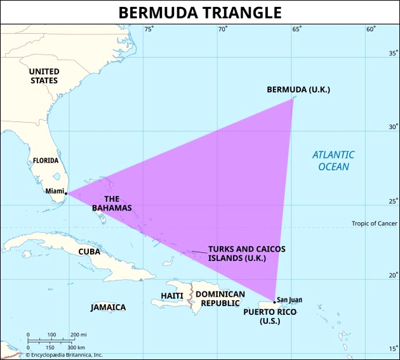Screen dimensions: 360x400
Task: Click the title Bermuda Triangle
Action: coord(200,12)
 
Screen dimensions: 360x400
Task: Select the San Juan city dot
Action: coord(274,302)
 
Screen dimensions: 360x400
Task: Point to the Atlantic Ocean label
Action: coord(333,161)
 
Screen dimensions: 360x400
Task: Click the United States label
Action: coord(44,76)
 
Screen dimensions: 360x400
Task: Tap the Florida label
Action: coord(46,161)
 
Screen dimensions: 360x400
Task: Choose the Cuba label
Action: coord(90,251)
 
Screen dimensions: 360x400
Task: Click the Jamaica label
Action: coord(108,307)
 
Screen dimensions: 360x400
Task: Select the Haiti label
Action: coord(172,295)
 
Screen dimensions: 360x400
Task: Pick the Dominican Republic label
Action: coord(220,298)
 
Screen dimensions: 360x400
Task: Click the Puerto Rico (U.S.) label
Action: coord(270,316)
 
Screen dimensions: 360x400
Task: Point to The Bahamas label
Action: coord(112,203)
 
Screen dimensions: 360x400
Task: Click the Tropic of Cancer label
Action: coord(375,223)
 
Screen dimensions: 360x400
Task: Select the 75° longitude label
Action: coord(149,29)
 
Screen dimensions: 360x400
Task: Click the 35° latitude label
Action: coord(393,53)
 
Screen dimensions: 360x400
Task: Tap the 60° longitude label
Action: coord(371,29)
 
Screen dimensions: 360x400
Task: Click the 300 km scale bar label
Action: coord(76,347)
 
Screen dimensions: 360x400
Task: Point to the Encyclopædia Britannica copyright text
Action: coord(63,356)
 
